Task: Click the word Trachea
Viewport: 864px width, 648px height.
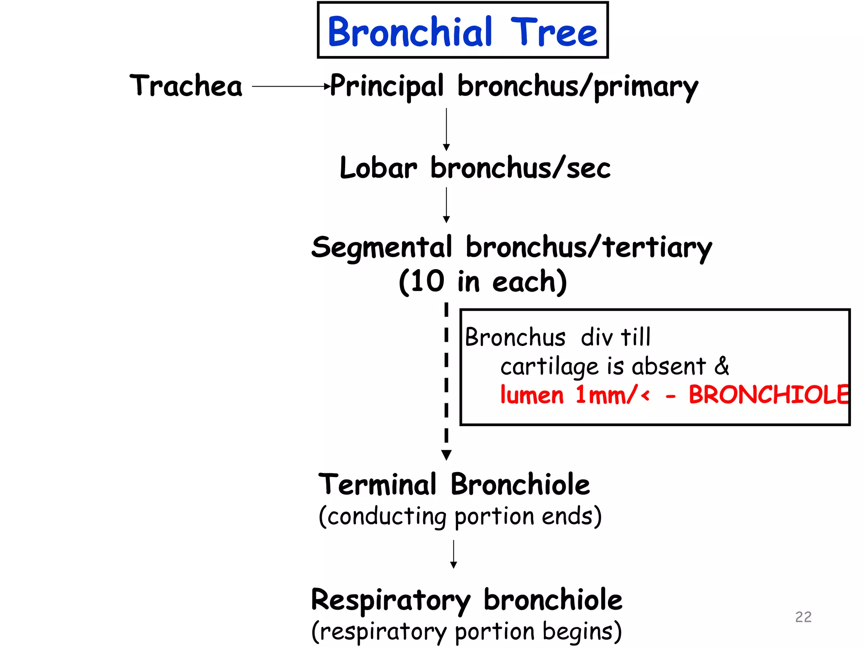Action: [186, 86]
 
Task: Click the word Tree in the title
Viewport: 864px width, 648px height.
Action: [553, 32]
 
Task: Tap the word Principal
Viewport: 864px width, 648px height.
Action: [386, 86]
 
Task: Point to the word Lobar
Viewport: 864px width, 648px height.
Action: [378, 168]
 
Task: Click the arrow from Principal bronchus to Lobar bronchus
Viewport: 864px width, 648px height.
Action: [446, 129]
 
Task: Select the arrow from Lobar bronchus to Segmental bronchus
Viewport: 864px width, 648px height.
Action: [446, 205]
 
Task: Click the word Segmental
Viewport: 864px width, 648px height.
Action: [381, 248]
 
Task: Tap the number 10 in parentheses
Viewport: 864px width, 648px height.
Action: [427, 281]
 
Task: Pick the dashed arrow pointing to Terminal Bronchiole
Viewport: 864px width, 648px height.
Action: [446, 380]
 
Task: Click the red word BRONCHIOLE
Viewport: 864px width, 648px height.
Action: [768, 395]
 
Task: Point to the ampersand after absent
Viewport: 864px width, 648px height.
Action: [722, 366]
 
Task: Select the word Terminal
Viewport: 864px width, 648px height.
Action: [377, 485]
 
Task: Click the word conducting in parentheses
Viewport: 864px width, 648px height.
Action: [386, 516]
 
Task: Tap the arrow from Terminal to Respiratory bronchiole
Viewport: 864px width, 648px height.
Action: [454, 554]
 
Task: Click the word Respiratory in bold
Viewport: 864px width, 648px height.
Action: [390, 600]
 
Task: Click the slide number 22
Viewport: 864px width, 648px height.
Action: [803, 617]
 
